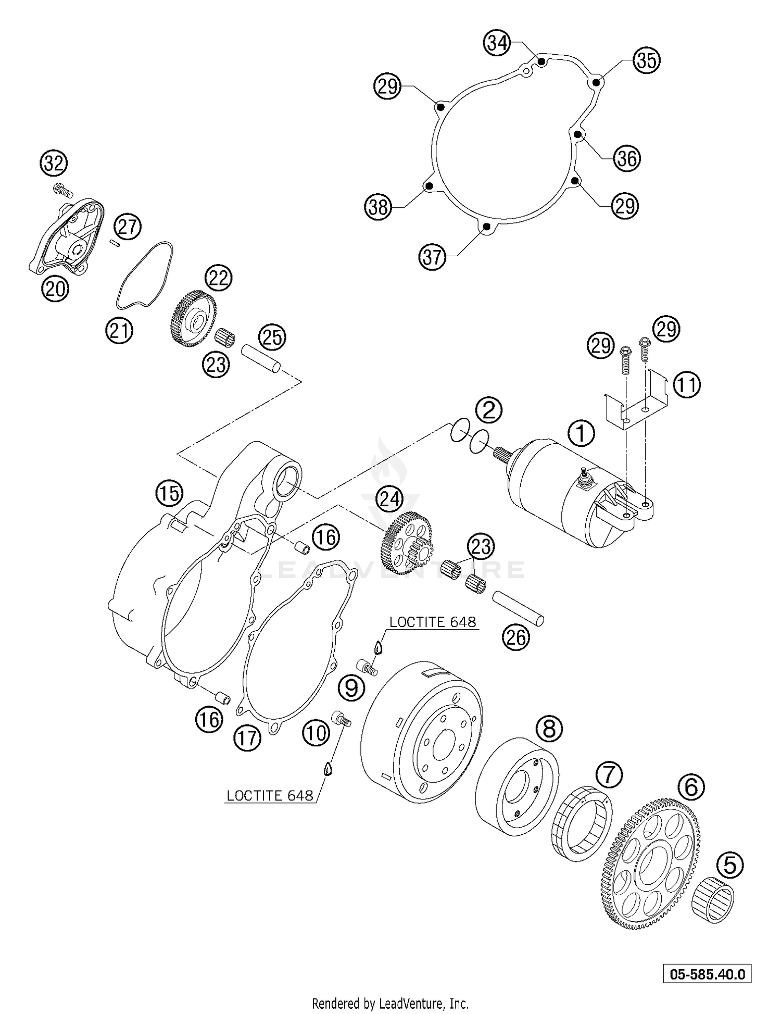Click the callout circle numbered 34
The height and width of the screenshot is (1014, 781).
pos(496,44)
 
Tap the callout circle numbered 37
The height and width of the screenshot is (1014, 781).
pos(432,257)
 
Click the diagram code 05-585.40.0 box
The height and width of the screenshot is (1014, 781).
pos(707,974)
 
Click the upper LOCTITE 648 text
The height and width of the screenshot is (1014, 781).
pos(432,622)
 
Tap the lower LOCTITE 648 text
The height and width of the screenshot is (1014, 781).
pos(270,795)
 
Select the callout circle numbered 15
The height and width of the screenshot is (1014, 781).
pos(169,493)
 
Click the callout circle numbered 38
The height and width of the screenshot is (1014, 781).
pos(377,207)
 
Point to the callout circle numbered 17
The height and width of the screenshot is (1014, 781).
pos(247,738)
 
